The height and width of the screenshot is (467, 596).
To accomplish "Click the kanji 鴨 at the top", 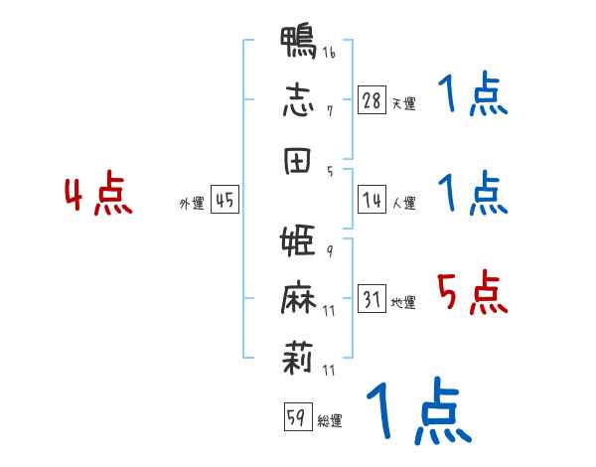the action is (x=298, y=42).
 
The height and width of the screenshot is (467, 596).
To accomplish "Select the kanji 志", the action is (x=298, y=100).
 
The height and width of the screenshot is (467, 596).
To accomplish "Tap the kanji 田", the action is (x=297, y=161).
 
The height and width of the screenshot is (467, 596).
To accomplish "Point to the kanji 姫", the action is (x=298, y=240).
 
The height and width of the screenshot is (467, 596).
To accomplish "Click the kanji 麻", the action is (x=298, y=297).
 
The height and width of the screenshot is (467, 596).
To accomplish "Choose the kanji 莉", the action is (x=298, y=358).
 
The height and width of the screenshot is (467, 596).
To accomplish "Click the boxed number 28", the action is (x=372, y=100).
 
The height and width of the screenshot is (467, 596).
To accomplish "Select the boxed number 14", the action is (x=372, y=200).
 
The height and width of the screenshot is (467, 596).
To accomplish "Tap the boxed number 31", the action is (x=372, y=298).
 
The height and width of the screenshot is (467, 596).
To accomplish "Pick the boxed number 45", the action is (x=224, y=200).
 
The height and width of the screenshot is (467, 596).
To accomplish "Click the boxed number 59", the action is (x=298, y=416).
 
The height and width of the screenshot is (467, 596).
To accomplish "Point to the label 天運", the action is (x=404, y=103).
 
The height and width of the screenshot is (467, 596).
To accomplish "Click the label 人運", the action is (x=404, y=203).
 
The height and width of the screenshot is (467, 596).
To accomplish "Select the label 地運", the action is (x=403, y=302).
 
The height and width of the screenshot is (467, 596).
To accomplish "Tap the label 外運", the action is (x=192, y=203).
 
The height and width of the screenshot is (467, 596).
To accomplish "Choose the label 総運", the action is (x=330, y=420).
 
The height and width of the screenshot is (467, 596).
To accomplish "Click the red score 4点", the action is (x=98, y=193).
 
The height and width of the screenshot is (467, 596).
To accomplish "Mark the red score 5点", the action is (x=472, y=292).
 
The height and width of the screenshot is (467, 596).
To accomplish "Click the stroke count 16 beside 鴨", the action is (x=329, y=52).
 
